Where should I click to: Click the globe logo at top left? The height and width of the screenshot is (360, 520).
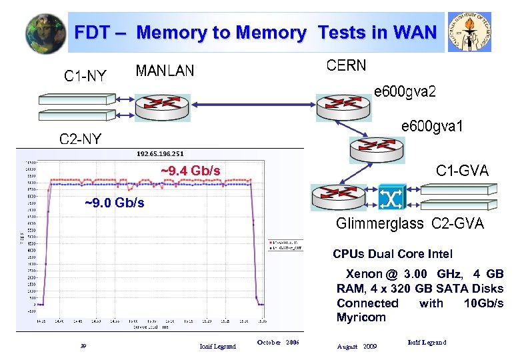click(46, 34)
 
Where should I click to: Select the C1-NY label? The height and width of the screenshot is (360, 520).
click(85, 76)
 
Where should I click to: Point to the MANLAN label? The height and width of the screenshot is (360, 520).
click(165, 71)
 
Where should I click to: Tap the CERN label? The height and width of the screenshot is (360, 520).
click(346, 65)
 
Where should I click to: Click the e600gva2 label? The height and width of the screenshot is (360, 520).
click(405, 91)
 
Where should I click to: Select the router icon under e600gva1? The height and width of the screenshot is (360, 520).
click(377, 149)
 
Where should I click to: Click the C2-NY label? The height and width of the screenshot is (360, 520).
click(81, 139)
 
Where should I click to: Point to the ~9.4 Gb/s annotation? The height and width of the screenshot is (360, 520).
click(191, 171)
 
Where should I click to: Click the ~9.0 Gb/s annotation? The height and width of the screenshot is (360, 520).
click(114, 203)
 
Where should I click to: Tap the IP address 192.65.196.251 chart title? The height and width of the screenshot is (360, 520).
click(160, 154)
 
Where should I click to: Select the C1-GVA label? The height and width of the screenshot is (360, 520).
click(462, 171)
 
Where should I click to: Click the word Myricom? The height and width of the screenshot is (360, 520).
click(361, 317)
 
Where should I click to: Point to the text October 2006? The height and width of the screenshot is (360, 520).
click(278, 343)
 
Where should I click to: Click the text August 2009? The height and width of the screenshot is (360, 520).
click(357, 347)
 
